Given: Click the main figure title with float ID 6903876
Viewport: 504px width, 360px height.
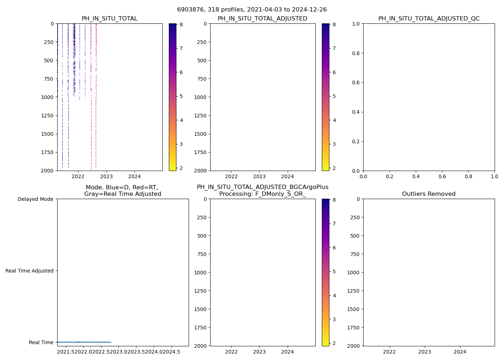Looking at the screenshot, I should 252,10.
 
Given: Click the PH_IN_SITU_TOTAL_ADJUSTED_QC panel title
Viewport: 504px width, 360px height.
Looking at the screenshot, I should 429,19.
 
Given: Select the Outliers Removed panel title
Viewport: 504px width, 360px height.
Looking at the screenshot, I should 429,194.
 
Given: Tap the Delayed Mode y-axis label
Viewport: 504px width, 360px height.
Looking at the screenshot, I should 35,199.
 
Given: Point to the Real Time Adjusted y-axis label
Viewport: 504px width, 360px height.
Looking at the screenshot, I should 30,271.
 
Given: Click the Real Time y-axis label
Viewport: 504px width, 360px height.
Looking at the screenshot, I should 41,342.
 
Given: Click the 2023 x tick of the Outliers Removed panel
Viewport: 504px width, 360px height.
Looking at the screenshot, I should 424,352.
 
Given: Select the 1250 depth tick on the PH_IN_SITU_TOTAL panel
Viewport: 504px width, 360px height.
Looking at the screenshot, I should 46,116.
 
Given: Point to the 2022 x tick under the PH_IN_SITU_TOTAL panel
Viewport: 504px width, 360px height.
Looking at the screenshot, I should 78,176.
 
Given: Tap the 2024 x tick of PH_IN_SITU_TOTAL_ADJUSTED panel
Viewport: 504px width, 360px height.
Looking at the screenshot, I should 288,176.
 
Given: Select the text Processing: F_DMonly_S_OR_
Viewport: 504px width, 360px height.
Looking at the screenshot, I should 262,194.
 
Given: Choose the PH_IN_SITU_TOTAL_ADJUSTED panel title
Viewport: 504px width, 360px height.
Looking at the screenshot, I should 262,19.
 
